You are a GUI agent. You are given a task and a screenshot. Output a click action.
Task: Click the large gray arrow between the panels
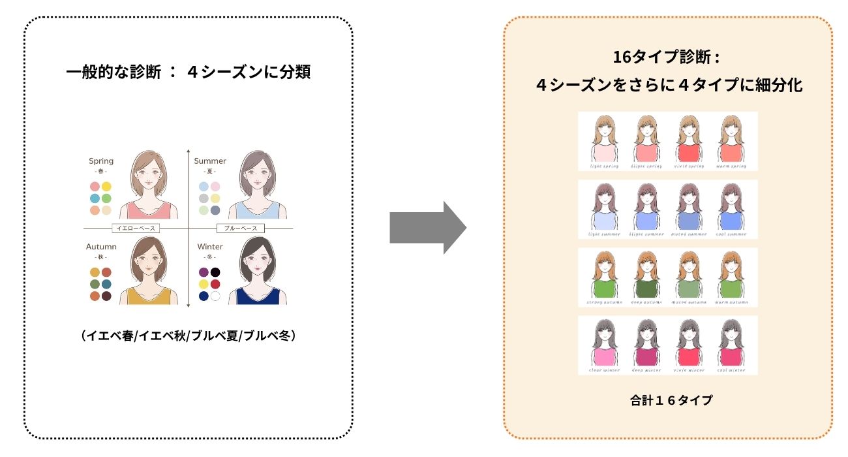coord(427,228)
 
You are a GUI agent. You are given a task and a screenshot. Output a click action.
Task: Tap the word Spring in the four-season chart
coord(101,161)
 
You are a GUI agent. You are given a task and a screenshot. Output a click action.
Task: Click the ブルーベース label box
coord(240,228)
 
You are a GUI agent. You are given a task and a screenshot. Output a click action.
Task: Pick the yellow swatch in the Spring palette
coord(106,187)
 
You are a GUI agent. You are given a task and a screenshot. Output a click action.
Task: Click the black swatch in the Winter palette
coord(215,272)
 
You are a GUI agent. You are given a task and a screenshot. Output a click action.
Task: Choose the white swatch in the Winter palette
coord(215,296)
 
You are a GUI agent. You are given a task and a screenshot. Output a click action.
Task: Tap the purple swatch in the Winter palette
coord(204,272)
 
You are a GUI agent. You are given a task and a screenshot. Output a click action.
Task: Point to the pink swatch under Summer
coord(215,187)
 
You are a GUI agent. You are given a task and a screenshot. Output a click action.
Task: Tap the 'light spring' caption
coord(603,166)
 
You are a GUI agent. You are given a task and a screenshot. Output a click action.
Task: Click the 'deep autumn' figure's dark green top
coord(646,289)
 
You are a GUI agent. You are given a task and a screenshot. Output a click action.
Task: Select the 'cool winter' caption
coord(731,370)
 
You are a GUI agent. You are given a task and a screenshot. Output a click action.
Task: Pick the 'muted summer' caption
coord(688,234)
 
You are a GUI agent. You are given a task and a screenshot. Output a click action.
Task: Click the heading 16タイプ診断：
coord(667,57)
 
